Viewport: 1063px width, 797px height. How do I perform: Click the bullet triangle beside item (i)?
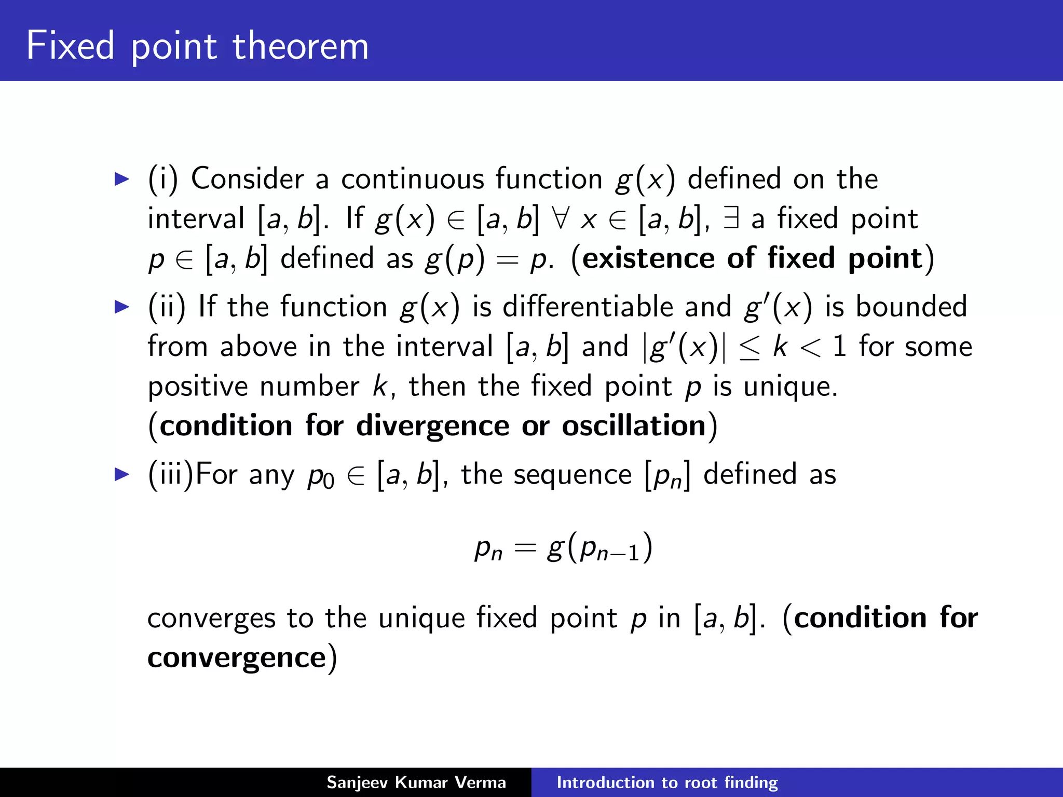[121, 180]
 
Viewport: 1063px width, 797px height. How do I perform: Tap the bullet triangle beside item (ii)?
[121, 307]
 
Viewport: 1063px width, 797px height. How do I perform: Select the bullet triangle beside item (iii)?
[121, 474]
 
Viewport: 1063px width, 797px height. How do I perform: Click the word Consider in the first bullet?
[247, 178]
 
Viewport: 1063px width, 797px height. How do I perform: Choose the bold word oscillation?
[634, 425]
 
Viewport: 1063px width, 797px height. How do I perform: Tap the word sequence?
[573, 474]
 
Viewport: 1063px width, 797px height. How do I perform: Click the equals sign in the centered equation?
[524, 548]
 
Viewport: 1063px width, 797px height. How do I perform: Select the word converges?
[211, 619]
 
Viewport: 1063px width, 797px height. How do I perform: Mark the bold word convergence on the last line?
[236, 658]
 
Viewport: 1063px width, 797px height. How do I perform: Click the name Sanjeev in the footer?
[357, 782]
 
